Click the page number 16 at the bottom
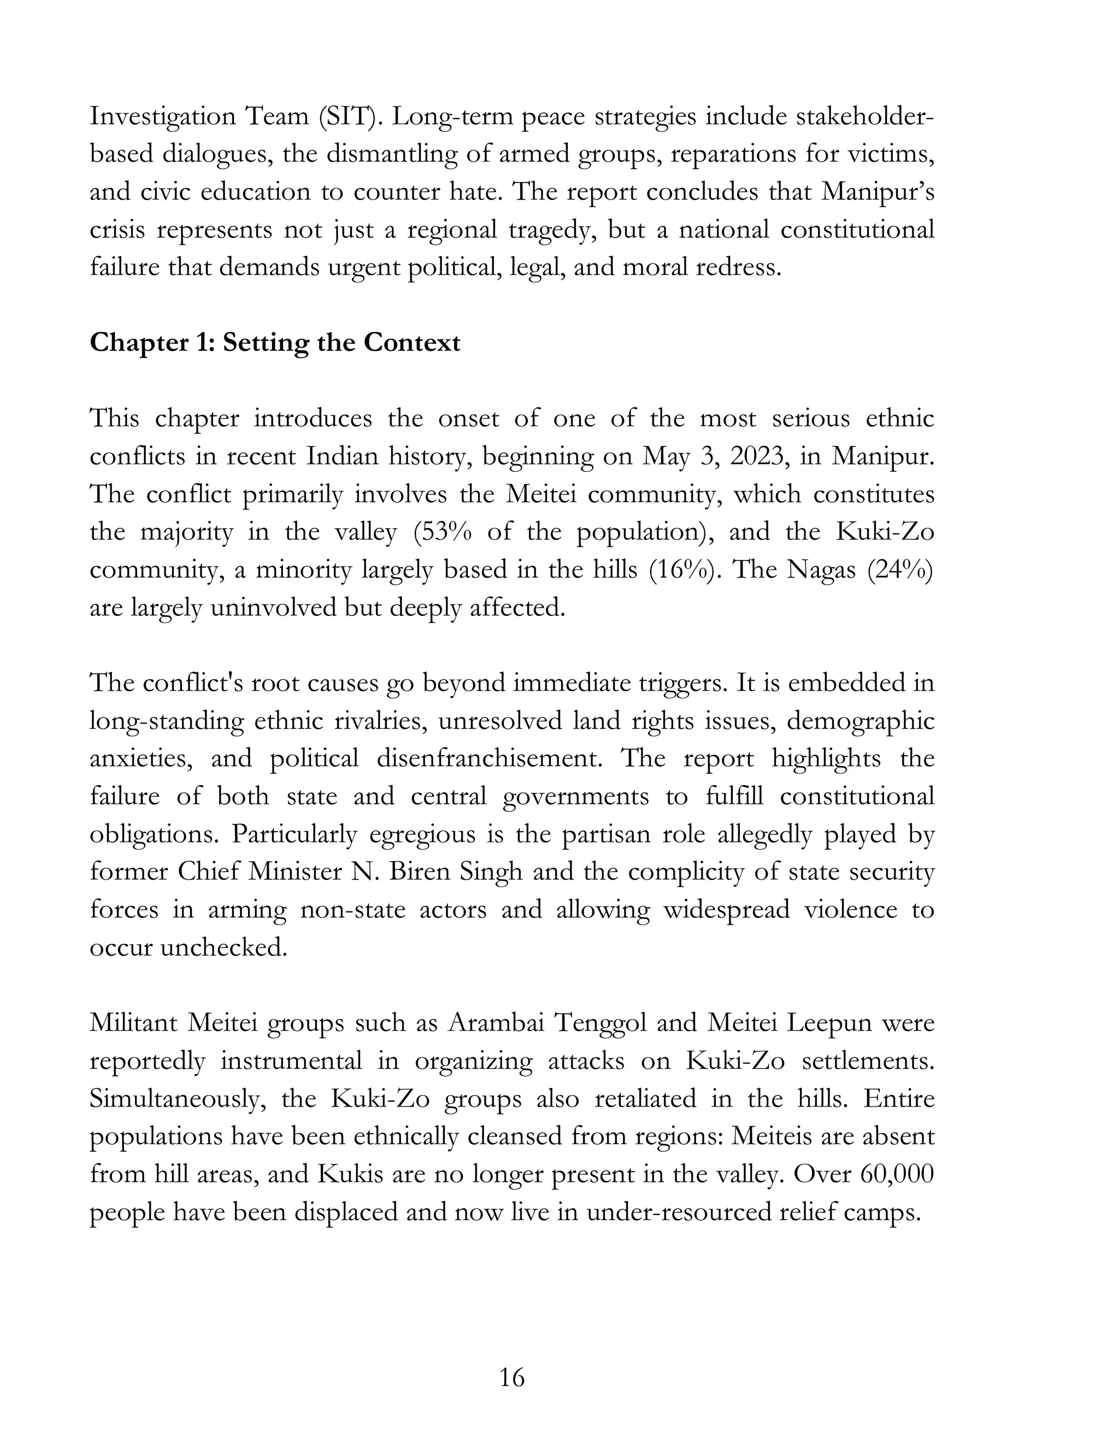coord(512,1377)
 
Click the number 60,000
coord(897,1174)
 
